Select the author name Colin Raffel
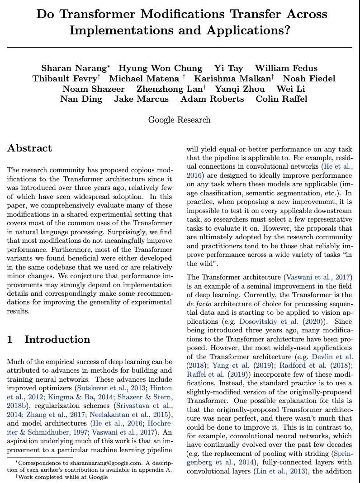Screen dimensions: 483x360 coord(281,99)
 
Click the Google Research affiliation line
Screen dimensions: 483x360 coord(179,120)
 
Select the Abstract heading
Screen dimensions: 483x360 coord(29,148)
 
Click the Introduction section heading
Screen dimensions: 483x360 coord(57,340)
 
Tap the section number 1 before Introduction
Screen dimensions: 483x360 coord(9,340)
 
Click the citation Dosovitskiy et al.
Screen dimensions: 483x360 coord(269,322)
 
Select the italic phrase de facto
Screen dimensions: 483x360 coord(198,304)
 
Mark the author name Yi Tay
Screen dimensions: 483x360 coord(228,68)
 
